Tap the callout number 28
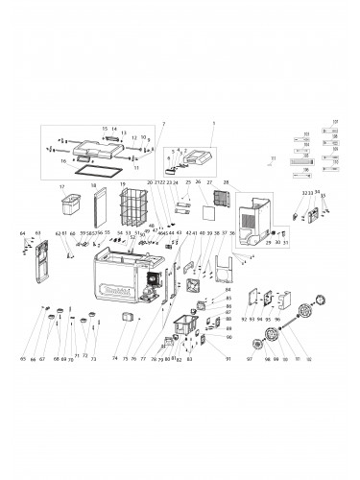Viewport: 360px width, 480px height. (225, 181)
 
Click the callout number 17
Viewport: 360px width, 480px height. (61, 187)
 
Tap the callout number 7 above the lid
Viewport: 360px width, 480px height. (163, 124)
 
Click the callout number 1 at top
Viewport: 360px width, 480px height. (214, 124)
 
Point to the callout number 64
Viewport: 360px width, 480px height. (22, 233)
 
